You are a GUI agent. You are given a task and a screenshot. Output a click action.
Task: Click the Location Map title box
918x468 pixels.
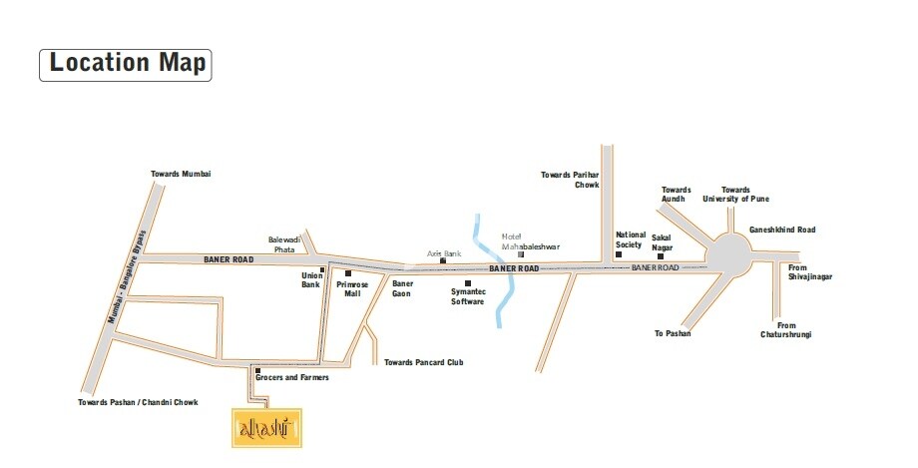point(125,63)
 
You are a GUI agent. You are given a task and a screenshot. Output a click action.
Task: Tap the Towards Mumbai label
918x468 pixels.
point(181,174)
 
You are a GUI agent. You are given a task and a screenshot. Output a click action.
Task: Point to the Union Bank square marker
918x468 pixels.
point(322,269)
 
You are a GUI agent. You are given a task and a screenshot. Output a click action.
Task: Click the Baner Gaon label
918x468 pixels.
point(401,289)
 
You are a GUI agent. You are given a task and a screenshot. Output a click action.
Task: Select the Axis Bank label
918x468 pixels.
point(444,254)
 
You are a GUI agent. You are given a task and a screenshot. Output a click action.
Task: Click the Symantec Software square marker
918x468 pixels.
point(468,283)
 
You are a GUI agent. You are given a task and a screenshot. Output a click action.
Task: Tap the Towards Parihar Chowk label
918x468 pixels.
point(570,180)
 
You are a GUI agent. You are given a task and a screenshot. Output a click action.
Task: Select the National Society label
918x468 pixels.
point(630,239)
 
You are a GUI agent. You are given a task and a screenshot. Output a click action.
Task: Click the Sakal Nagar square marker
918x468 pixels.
point(660,256)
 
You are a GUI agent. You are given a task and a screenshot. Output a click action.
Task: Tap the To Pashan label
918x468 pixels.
point(672,333)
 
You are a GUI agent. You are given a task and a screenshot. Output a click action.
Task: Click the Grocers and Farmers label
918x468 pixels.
point(292,377)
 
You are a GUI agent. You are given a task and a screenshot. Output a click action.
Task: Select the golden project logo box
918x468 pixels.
point(265,427)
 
